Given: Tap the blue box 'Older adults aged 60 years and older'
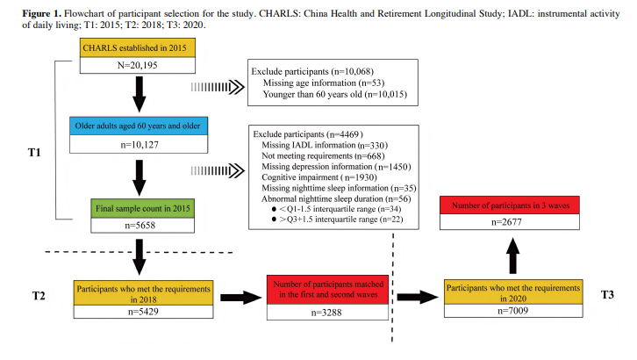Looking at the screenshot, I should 138,126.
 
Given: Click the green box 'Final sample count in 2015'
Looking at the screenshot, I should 138,208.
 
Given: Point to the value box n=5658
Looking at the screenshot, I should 138,226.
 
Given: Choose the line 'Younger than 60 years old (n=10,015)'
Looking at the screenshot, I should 339,94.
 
